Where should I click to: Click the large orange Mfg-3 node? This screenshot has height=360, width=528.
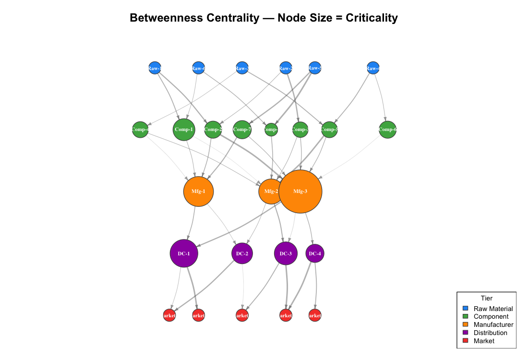pyautogui.click(x=300, y=191)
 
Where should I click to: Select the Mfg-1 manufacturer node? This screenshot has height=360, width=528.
pyautogui.click(x=198, y=191)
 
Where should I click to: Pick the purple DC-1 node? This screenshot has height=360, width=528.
pyautogui.click(x=184, y=253)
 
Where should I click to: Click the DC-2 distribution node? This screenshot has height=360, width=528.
pyautogui.click(x=242, y=253)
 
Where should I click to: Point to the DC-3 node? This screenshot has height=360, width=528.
pyautogui.click(x=286, y=253)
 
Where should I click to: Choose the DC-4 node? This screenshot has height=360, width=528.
pyautogui.click(x=315, y=253)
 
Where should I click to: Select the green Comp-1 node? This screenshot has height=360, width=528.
pyautogui.click(x=184, y=130)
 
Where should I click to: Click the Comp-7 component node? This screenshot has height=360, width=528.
pyautogui.click(x=242, y=130)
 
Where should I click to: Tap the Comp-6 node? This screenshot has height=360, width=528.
pyautogui.click(x=387, y=130)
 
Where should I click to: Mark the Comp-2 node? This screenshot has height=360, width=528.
pyautogui.click(x=213, y=130)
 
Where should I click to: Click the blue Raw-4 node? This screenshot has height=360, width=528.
pyautogui.click(x=373, y=68)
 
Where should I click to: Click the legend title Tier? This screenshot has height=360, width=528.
pyautogui.click(x=486, y=298)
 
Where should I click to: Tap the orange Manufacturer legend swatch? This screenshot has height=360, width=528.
pyautogui.click(x=465, y=325)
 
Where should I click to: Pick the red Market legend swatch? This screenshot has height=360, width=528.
pyautogui.click(x=465, y=341)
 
